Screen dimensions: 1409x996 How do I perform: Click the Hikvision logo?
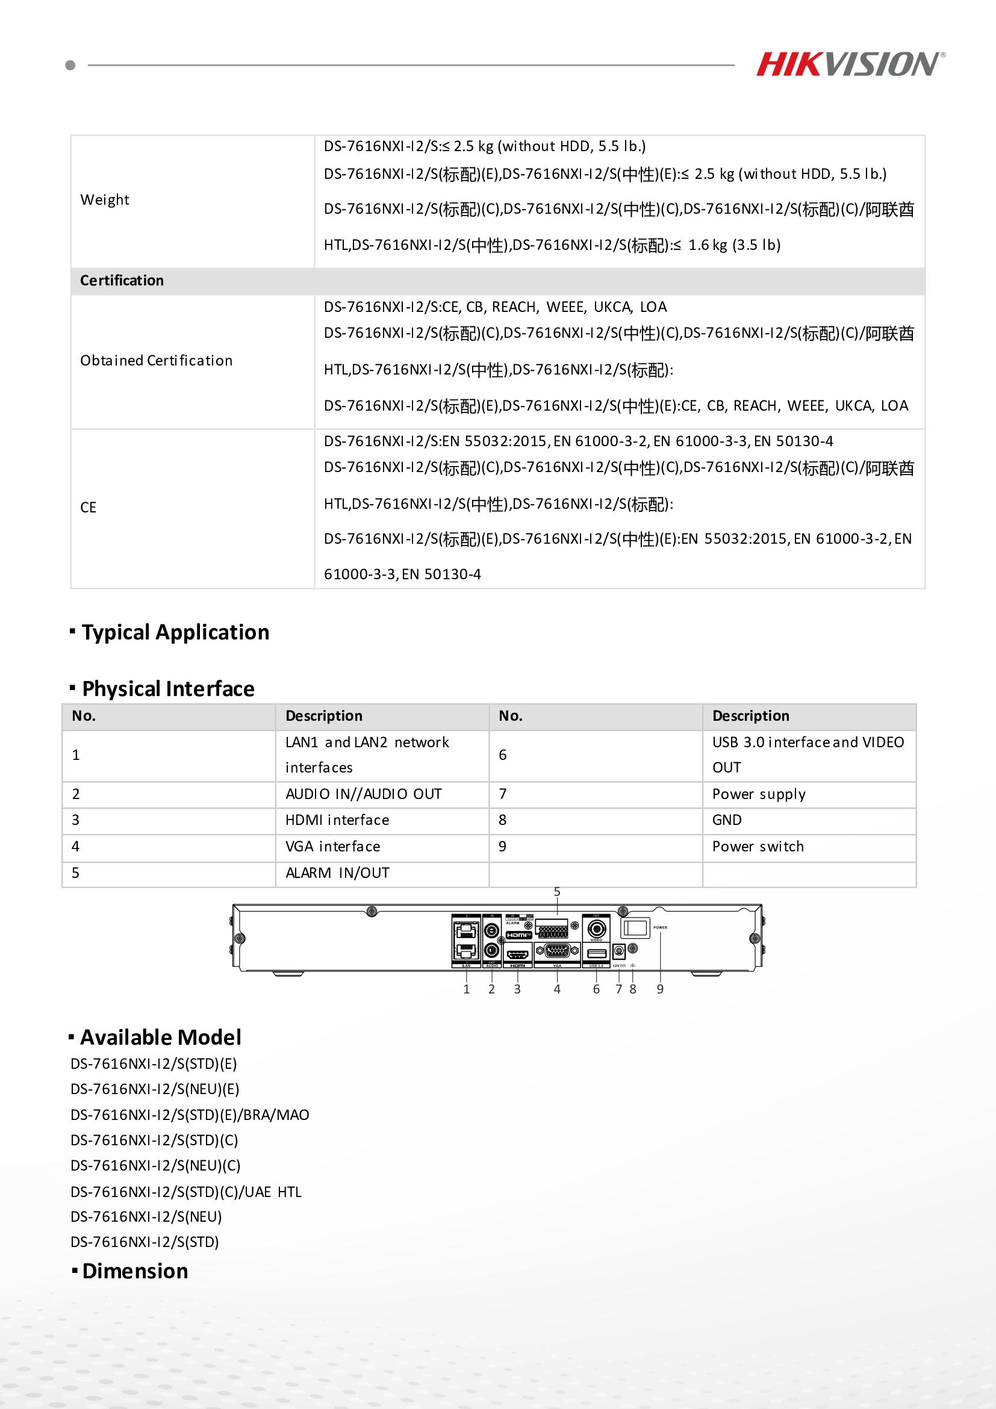tap(849, 64)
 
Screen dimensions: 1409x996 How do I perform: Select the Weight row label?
tap(105, 200)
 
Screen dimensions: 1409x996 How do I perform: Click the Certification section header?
tap(122, 281)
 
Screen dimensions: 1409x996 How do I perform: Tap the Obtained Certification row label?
tap(157, 361)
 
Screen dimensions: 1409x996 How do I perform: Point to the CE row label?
tap(89, 508)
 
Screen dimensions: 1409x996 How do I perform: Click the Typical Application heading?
tap(175, 632)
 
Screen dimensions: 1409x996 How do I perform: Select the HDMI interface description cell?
tap(337, 820)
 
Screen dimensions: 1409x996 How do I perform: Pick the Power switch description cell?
tap(758, 846)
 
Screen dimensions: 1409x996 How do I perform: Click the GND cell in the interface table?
tap(727, 820)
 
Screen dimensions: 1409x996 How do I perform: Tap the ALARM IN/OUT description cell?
tap(337, 872)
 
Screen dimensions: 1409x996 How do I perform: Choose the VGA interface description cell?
tap(332, 846)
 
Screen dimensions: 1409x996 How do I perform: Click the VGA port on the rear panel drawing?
tap(557, 952)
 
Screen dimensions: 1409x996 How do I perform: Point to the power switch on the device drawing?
tap(635, 928)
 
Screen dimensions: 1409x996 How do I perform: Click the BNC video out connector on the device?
tap(597, 929)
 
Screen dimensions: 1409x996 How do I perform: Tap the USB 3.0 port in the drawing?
tap(597, 953)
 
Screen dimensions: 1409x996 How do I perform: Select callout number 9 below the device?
tap(661, 989)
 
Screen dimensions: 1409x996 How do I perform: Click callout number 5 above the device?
tap(557, 892)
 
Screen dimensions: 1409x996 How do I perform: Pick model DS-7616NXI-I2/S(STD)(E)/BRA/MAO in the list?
tap(190, 1115)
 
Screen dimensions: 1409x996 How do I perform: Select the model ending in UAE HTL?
tap(186, 1192)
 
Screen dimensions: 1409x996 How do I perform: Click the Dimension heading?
tap(135, 1271)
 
